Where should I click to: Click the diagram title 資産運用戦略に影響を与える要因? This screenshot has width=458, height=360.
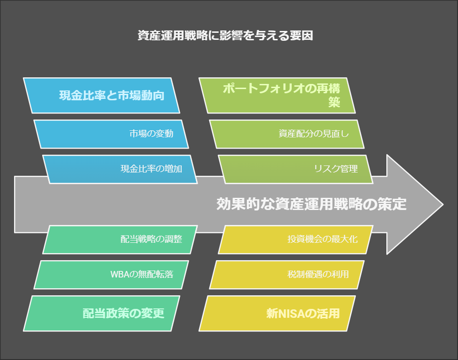point(225,35)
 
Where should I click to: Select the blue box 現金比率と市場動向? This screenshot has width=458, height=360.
point(101,95)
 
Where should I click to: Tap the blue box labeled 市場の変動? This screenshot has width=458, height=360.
point(111,134)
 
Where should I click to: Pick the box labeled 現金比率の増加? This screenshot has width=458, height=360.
point(120,169)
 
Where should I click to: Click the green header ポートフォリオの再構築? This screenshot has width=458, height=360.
point(277,95)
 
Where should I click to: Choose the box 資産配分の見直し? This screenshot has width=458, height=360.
point(287,134)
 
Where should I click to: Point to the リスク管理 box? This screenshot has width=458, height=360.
point(295,169)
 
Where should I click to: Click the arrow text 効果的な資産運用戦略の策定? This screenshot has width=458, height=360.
point(311,204)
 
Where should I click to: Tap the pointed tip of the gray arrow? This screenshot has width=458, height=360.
point(443,204)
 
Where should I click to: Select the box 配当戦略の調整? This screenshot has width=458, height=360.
point(120,240)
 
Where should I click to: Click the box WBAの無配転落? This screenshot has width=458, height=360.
point(111,275)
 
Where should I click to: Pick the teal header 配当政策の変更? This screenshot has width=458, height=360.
point(101,313)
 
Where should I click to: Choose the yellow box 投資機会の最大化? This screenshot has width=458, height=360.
point(295,240)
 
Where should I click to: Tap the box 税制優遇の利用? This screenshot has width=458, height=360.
point(287,275)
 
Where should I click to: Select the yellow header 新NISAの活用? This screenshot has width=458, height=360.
point(277,313)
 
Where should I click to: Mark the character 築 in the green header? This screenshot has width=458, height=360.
point(334,102)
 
